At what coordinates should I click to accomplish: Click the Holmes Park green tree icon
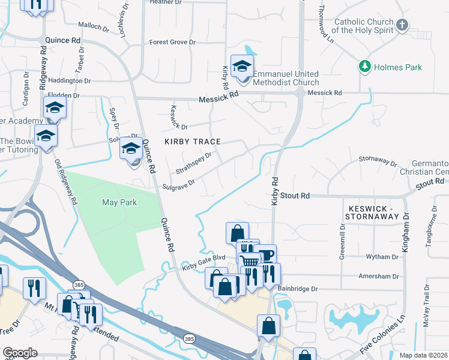coord(363,67)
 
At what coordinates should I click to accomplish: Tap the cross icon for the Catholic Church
coord(402,25)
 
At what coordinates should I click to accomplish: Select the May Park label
coord(119,203)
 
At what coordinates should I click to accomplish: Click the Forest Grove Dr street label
coord(173,43)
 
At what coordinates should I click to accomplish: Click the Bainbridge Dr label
coord(297,289)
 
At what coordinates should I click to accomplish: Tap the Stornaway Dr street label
coord(378,161)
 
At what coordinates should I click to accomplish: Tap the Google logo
coord(20,353)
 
